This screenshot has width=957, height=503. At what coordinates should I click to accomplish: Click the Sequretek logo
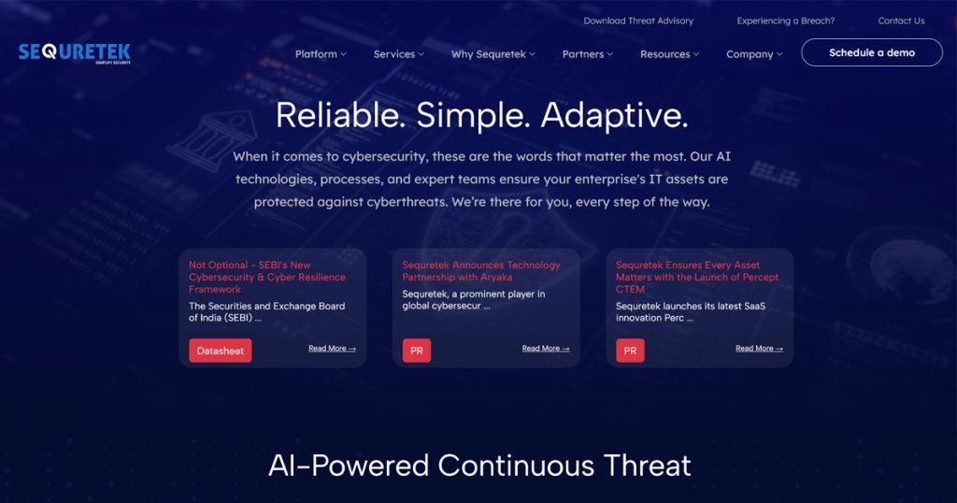pyautogui.click(x=75, y=53)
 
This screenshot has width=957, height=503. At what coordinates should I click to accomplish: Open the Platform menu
pyautogui.click(x=321, y=54)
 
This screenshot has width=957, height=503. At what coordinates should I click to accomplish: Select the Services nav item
pyautogui.click(x=398, y=54)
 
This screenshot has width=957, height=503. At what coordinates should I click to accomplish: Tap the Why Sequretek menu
pyautogui.click(x=493, y=54)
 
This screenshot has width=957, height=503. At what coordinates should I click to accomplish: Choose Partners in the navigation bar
pyautogui.click(x=587, y=54)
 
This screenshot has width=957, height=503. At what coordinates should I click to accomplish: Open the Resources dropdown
pyautogui.click(x=669, y=54)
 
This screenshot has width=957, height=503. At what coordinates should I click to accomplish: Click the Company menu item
pyautogui.click(x=754, y=54)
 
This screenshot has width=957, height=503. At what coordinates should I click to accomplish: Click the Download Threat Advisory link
pyautogui.click(x=638, y=21)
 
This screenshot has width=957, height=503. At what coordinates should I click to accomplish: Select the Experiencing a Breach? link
pyautogui.click(x=785, y=21)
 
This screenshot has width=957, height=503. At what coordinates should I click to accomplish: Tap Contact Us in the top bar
pyautogui.click(x=901, y=21)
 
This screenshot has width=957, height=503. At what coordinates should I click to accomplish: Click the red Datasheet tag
pyautogui.click(x=221, y=351)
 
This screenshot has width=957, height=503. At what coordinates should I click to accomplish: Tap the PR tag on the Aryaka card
pyautogui.click(x=417, y=351)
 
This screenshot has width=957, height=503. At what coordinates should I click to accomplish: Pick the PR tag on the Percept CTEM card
pyautogui.click(x=631, y=351)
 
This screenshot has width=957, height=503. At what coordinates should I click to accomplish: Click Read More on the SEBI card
pyautogui.click(x=332, y=349)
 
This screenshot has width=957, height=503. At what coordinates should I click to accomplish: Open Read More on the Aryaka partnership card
pyautogui.click(x=546, y=349)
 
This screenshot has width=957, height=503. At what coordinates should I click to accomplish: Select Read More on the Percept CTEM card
pyautogui.click(x=759, y=349)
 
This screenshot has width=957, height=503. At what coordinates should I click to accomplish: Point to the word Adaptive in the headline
pyautogui.click(x=615, y=115)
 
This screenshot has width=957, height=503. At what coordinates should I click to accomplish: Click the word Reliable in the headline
pyautogui.click(x=340, y=115)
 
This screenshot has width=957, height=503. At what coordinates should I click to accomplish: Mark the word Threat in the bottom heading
pyautogui.click(x=647, y=466)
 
